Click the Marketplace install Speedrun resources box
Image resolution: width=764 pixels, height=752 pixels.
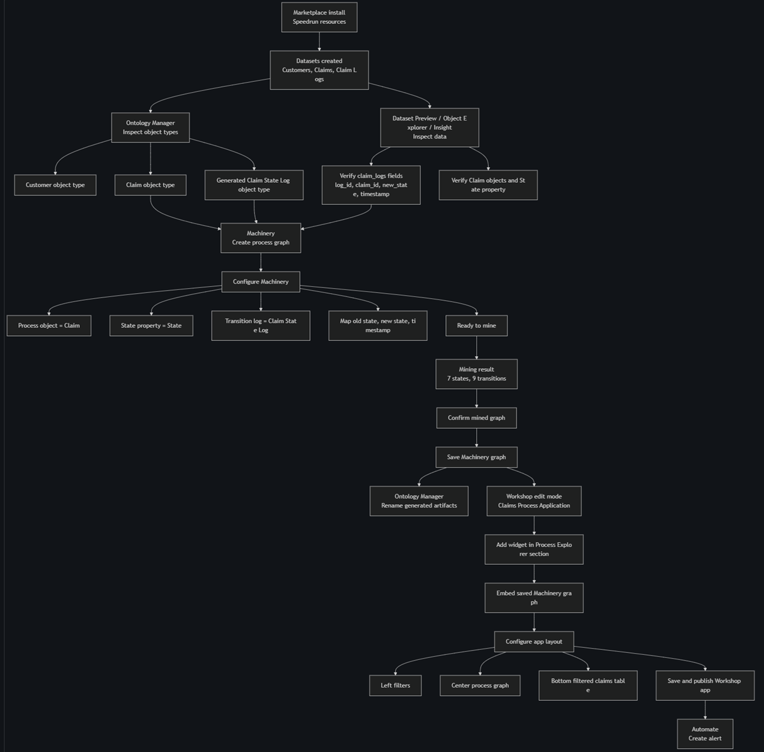[x=319, y=17]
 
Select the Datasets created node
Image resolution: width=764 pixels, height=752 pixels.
[x=319, y=70]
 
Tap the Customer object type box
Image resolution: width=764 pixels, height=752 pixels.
[x=55, y=185]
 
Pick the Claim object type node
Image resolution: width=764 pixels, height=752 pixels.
[x=151, y=185]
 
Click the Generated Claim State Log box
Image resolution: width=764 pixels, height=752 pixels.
[x=254, y=185]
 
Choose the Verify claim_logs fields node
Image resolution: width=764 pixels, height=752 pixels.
[x=371, y=185]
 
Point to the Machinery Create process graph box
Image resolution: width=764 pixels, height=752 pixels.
[x=261, y=238]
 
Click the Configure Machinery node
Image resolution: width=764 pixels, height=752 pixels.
[x=261, y=282]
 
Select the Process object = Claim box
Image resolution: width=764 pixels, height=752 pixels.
[x=48, y=325]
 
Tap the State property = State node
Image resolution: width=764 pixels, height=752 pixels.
[x=151, y=325]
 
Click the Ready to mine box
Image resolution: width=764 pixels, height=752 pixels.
[x=476, y=325]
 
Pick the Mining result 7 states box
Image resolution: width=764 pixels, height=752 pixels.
[x=476, y=374]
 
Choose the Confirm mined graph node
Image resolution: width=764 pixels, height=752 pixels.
[x=476, y=418]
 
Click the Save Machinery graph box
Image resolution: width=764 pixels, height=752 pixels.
[x=476, y=457]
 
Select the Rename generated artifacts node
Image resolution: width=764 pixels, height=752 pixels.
[x=419, y=500]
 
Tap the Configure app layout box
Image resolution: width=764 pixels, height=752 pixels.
[x=533, y=642]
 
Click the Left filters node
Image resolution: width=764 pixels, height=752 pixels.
[x=396, y=685]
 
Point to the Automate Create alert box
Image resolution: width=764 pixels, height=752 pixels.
[x=705, y=734]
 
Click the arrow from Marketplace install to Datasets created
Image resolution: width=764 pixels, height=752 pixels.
[x=319, y=41]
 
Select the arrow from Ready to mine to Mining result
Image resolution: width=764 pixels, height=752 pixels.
[x=476, y=347]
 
